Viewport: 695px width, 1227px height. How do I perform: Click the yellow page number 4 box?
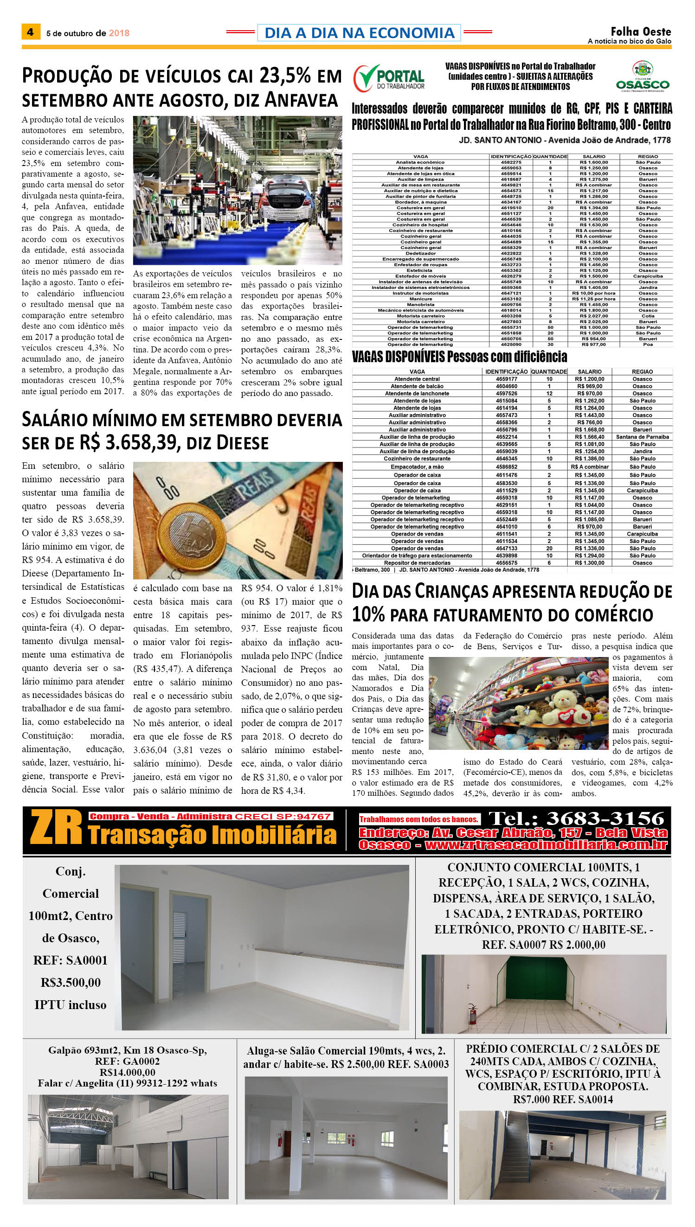click(31, 32)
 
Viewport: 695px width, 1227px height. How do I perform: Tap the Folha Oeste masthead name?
click(641, 32)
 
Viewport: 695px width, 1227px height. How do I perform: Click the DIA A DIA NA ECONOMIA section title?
click(359, 32)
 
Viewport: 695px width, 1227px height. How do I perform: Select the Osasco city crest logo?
click(643, 69)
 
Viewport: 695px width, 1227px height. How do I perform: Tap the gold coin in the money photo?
click(197, 537)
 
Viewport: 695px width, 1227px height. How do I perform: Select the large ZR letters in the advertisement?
click(56, 828)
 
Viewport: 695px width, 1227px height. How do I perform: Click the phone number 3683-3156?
click(605, 818)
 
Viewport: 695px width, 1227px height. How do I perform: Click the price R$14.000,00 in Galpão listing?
click(127, 1072)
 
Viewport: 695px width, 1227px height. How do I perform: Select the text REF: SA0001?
click(70, 960)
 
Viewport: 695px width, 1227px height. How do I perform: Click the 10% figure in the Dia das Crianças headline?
click(368, 614)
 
